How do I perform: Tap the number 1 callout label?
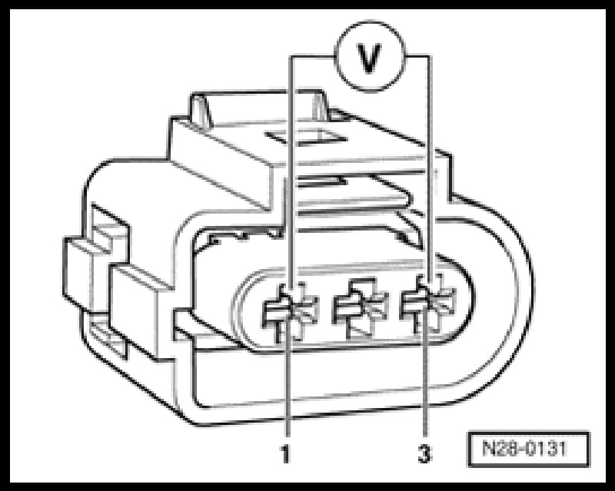[285, 455]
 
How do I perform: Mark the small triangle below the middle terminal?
[357, 331]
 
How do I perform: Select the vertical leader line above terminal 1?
[291, 169]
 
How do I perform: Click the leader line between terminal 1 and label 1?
[286, 384]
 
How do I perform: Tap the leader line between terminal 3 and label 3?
[424, 384]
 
